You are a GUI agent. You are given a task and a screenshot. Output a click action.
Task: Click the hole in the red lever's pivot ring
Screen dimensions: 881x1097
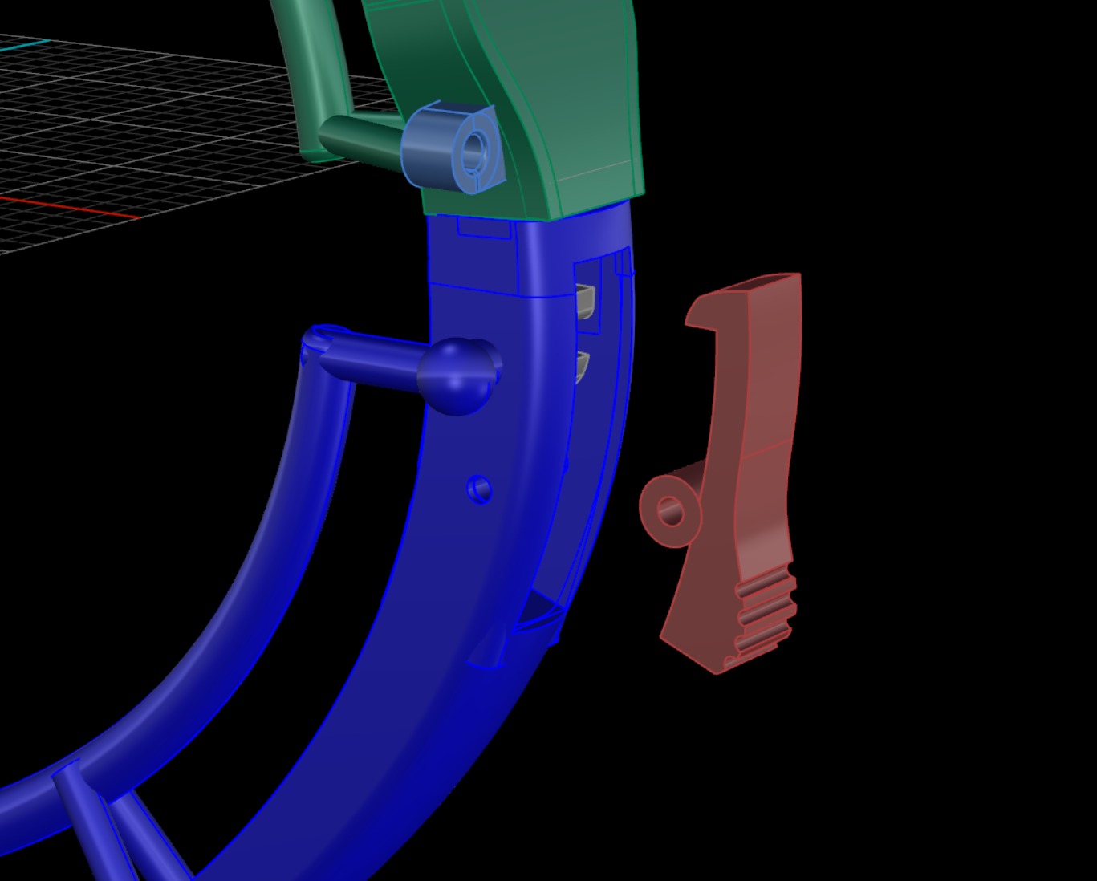[x=670, y=510]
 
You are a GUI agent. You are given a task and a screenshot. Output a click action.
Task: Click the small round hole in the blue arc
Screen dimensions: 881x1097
[x=479, y=488]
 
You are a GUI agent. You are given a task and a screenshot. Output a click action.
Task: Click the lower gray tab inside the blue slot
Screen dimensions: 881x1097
[x=583, y=364]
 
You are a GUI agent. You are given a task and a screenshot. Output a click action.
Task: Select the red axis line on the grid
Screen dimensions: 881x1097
[x=64, y=207]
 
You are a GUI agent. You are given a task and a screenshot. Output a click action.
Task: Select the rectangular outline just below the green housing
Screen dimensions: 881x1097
[x=484, y=228]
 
